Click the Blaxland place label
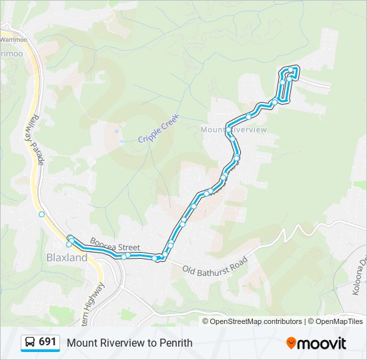pyautogui.click(x=67, y=257)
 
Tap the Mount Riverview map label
pyautogui.click(x=234, y=129)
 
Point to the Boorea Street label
pyautogui.click(x=115, y=247)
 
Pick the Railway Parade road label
pyautogui.click(x=35, y=142)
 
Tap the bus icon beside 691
pyautogui.click(x=30, y=343)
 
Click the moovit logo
pyautogui.click(x=316, y=343)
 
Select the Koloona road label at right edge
pyautogui.click(x=358, y=276)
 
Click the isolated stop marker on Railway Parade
pyautogui.click(x=41, y=214)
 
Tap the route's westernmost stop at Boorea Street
pyautogui.click(x=70, y=239)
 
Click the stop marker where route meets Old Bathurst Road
pyautogui.click(x=159, y=258)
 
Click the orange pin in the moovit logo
pyautogui.click(x=291, y=343)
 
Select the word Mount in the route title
pyautogui.click(x=80, y=343)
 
